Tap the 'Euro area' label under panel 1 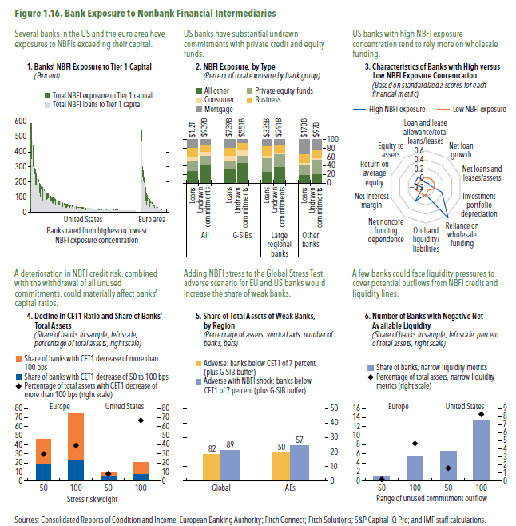click(x=152, y=218)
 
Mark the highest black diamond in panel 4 click(x=140, y=420)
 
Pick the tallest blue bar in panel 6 click(x=481, y=448)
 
